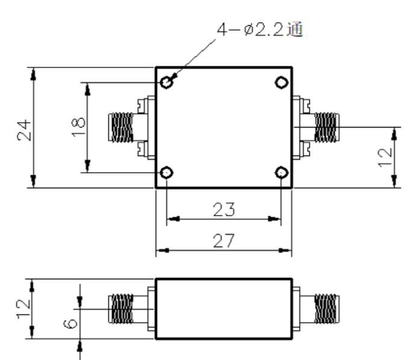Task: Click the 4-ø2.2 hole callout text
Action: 260,29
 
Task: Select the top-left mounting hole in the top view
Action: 167,82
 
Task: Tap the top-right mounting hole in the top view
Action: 281,82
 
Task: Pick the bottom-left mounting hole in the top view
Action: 167,173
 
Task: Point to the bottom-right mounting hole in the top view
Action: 281,173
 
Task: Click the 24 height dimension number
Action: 24,130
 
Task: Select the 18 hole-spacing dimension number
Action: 78,127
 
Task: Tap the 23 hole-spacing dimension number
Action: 224,209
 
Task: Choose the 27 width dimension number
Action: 224,241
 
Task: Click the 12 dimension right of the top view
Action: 385,157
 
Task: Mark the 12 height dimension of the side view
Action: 24,309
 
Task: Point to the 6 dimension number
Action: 71,324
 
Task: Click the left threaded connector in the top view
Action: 121,127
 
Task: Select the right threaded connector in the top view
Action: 327,127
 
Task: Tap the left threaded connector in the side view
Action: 121,309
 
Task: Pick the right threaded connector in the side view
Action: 327,309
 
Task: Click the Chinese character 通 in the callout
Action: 295,29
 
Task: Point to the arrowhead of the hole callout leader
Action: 174,77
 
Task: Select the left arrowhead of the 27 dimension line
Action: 163,250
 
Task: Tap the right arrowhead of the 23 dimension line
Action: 274,219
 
